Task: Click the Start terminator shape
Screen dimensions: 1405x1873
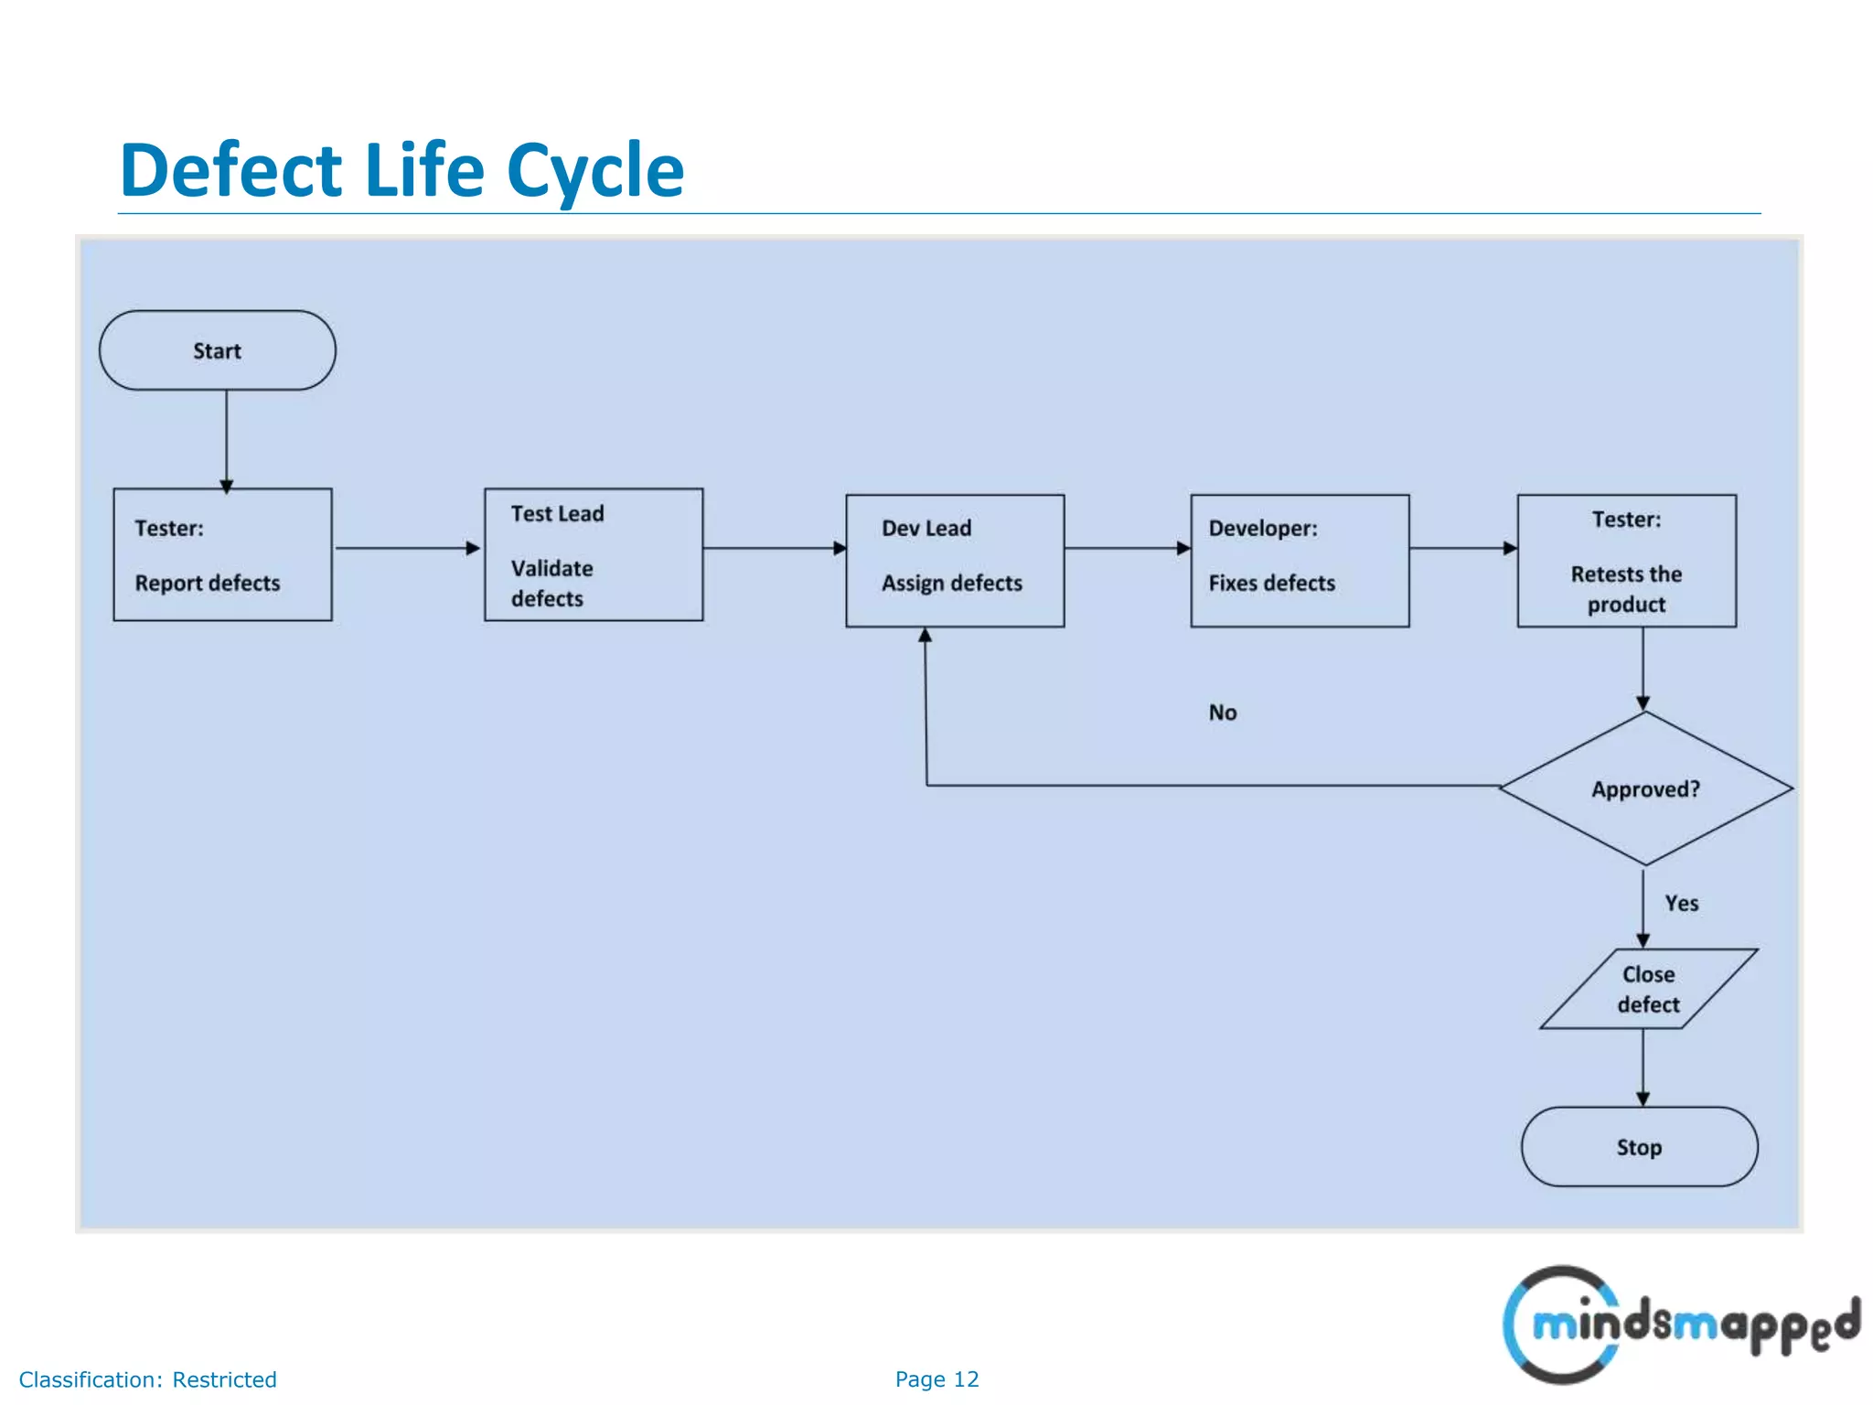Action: pyautogui.click(x=217, y=350)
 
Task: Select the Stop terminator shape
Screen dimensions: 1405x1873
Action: pyautogui.click(x=1639, y=1146)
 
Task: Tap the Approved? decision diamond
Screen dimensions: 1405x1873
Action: pyautogui.click(x=1645, y=788)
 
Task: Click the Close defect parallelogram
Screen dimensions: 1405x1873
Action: pyautogui.click(x=1648, y=989)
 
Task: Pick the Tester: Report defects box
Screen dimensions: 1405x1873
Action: pyautogui.click(x=222, y=554)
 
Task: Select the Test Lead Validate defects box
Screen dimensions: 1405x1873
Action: pyautogui.click(x=594, y=554)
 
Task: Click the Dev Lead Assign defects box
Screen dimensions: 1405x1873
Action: pyautogui.click(x=955, y=561)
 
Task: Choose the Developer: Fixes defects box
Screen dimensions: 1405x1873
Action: pyautogui.click(x=1300, y=561)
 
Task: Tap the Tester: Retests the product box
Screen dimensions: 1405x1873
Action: pyautogui.click(x=1626, y=561)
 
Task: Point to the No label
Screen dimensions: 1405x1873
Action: pyautogui.click(x=1223, y=713)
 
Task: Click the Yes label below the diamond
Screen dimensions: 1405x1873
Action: pyautogui.click(x=1681, y=904)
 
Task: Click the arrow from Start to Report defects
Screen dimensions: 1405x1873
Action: pyautogui.click(x=226, y=439)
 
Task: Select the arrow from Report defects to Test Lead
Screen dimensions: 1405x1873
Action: pyautogui.click(x=407, y=548)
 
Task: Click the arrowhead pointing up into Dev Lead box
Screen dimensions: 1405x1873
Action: pyautogui.click(x=925, y=636)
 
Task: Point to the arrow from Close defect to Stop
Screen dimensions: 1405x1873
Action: pyautogui.click(x=1643, y=1067)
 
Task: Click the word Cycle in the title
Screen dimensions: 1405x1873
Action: pyautogui.click(x=594, y=171)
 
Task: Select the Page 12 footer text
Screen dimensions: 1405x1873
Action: pyautogui.click(x=936, y=1379)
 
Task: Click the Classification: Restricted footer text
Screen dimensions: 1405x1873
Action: pyautogui.click(x=147, y=1379)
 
